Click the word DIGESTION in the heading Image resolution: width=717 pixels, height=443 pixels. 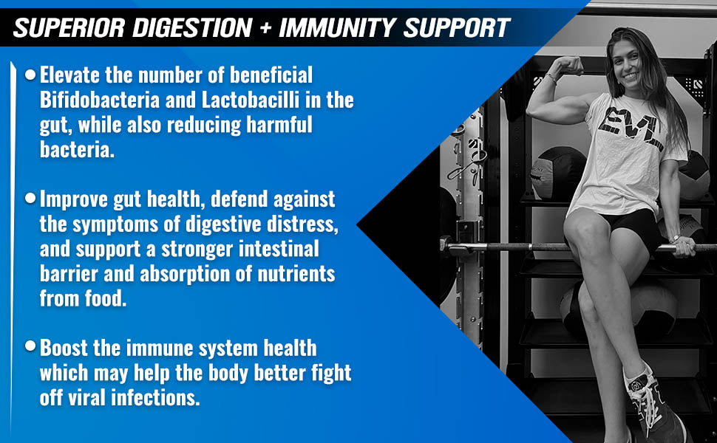tap(192, 28)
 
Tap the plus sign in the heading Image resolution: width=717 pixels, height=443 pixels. tap(265, 28)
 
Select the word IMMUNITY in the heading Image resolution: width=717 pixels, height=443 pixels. tap(338, 28)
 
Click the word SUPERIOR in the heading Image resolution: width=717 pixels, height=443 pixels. tap(69, 28)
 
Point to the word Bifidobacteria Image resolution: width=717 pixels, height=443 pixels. tap(100, 100)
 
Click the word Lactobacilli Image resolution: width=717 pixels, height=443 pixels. tap(250, 100)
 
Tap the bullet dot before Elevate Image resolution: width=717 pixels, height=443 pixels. tap(30, 75)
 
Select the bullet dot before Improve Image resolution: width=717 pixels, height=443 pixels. tap(30, 198)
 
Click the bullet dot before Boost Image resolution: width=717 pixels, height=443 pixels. tap(30, 346)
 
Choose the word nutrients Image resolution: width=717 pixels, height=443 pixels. tap(296, 274)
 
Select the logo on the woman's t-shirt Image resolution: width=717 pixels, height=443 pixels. tap(630, 127)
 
